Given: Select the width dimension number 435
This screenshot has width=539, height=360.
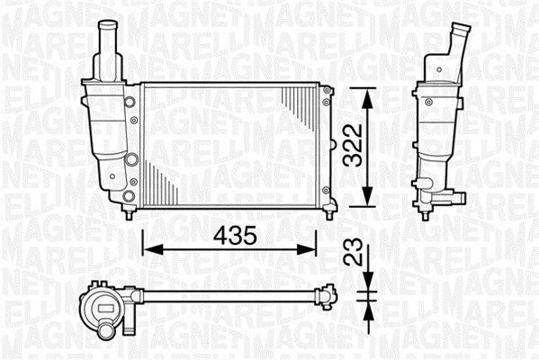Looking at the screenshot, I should [231, 236].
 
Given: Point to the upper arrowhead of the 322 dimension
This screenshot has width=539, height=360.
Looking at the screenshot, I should [367, 93].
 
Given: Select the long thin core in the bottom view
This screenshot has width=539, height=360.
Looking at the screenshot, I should [225, 294].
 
